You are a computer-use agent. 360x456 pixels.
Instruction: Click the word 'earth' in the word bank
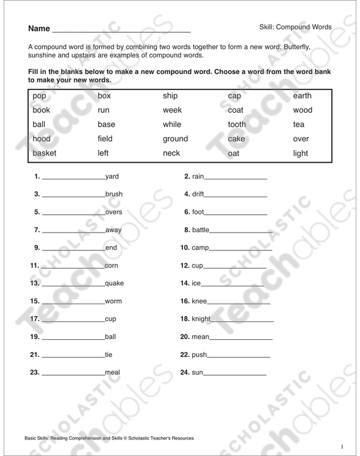(x=302, y=95)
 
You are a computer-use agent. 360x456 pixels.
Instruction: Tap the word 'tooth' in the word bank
(x=236, y=124)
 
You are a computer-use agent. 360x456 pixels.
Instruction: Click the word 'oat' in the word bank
(x=233, y=154)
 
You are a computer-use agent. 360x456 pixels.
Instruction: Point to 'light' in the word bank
(x=301, y=153)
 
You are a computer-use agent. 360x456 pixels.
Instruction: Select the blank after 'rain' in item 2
(x=236, y=178)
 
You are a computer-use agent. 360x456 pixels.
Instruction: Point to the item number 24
(x=187, y=372)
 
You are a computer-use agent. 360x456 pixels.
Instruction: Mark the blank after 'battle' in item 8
(x=241, y=231)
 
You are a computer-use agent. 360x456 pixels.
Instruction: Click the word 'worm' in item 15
(x=114, y=301)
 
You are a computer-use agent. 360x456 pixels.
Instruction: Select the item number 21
(x=35, y=354)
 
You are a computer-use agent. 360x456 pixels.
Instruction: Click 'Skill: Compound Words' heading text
(x=295, y=27)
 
